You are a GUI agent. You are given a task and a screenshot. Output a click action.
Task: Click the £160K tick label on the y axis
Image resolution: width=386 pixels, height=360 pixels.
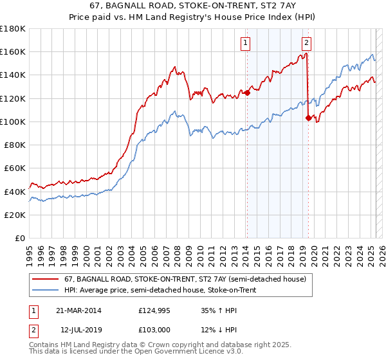click(13, 51)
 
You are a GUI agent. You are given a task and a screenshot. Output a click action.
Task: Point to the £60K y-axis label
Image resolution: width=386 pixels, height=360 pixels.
click(15, 168)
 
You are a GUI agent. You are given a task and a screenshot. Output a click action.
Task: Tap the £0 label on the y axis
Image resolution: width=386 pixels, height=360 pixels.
click(21, 238)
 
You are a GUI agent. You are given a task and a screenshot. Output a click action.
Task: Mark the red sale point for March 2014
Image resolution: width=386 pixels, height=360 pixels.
click(246, 93)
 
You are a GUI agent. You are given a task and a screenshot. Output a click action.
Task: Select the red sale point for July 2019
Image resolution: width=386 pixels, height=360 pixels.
click(308, 118)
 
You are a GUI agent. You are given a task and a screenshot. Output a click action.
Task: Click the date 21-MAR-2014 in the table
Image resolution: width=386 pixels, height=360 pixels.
click(78, 310)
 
